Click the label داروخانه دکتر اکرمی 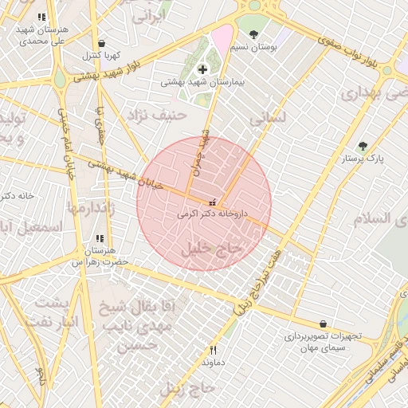tap(212, 214)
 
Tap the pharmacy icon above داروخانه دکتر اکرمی tap(212, 202)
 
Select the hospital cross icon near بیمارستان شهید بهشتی tap(202, 69)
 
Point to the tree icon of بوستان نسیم tap(253, 34)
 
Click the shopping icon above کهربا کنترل tap(100, 43)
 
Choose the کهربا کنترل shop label tap(100, 56)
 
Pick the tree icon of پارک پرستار tap(363, 146)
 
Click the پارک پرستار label tap(363, 159)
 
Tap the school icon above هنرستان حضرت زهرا tap(100, 237)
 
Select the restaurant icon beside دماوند tap(213, 350)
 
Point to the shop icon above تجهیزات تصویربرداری tap(323, 324)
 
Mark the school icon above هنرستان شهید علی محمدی tap(41, 17)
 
